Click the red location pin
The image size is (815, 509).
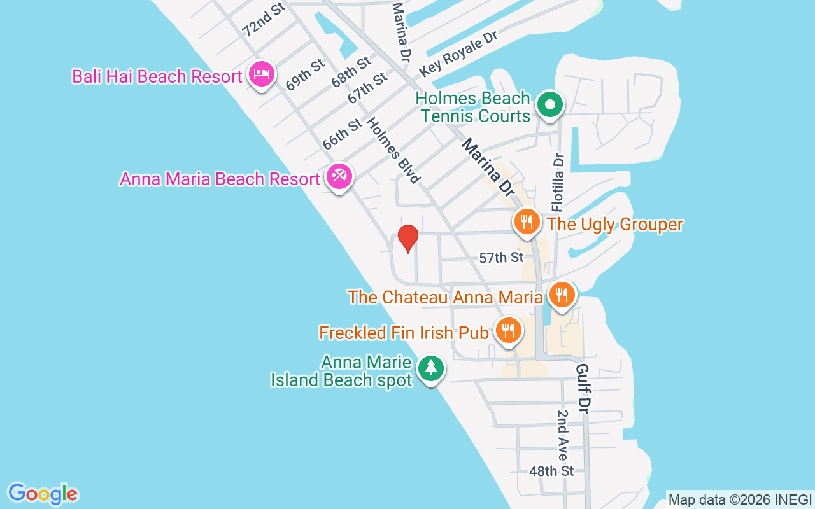(407, 238)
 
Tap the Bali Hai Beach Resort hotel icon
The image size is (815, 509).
(261, 74)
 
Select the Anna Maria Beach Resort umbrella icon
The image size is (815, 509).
(338, 176)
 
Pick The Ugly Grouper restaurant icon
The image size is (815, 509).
(527, 222)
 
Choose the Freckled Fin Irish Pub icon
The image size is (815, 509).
(508, 331)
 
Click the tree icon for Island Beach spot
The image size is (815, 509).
(431, 368)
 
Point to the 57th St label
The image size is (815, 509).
(501, 258)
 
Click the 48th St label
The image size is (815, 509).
(551, 471)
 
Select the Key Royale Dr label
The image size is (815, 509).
(458, 53)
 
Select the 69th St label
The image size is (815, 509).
(306, 74)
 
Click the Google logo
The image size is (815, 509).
(43, 494)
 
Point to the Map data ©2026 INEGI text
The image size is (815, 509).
(740, 499)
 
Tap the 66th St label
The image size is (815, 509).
(342, 134)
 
